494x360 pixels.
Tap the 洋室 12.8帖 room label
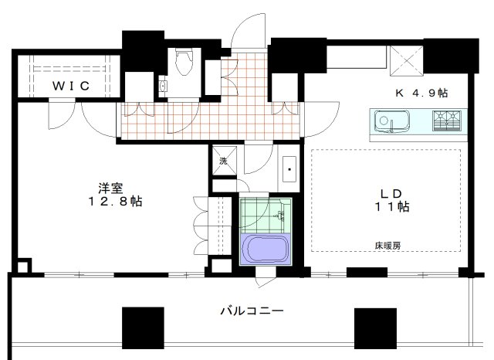[113, 194]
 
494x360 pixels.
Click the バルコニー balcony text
[252, 311]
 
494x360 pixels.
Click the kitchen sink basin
[387, 121]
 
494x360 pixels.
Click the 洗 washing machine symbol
[223, 161]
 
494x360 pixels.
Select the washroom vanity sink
[289, 167]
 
